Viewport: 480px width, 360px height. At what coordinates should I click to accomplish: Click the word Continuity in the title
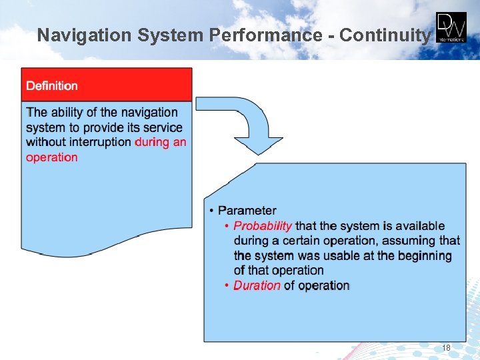click(x=385, y=35)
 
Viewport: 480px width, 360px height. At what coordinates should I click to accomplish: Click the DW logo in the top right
click(x=451, y=27)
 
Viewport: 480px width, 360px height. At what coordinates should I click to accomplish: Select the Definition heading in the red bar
click(x=52, y=85)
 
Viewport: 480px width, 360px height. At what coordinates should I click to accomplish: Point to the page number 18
click(x=446, y=348)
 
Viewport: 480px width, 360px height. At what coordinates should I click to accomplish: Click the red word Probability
click(x=263, y=226)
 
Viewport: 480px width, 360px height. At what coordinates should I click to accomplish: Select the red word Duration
click(x=257, y=285)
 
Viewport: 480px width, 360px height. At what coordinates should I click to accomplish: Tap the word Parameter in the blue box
click(x=247, y=211)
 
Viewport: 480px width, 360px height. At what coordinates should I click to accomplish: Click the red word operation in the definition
click(x=52, y=157)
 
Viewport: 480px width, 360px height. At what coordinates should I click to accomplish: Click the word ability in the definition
click(x=68, y=113)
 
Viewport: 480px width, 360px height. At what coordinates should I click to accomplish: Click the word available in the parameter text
click(x=419, y=226)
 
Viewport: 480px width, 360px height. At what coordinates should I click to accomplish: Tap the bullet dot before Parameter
click(x=211, y=211)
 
